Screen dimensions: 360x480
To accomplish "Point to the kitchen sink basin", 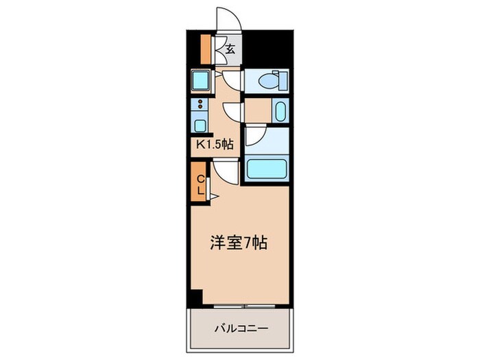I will click(198, 125).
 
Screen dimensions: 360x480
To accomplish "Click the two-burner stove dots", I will click(199, 106).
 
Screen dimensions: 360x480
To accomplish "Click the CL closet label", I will click(200, 185).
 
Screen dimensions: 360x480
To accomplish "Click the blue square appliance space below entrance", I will click(201, 82).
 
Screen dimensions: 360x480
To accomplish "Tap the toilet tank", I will click(278, 80).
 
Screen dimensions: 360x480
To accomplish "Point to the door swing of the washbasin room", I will click(233, 112).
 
